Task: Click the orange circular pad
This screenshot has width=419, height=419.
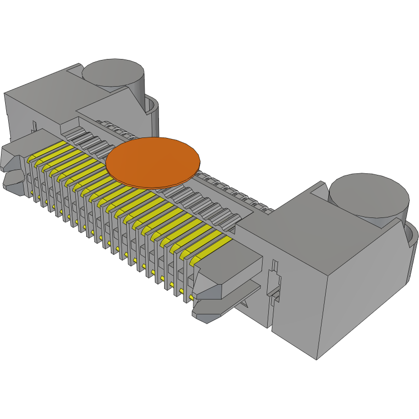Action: (152, 162)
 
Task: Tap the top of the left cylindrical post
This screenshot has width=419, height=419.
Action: (114, 72)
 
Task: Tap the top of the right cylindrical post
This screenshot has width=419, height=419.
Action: (369, 195)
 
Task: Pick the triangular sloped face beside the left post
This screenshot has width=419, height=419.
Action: (136, 95)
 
